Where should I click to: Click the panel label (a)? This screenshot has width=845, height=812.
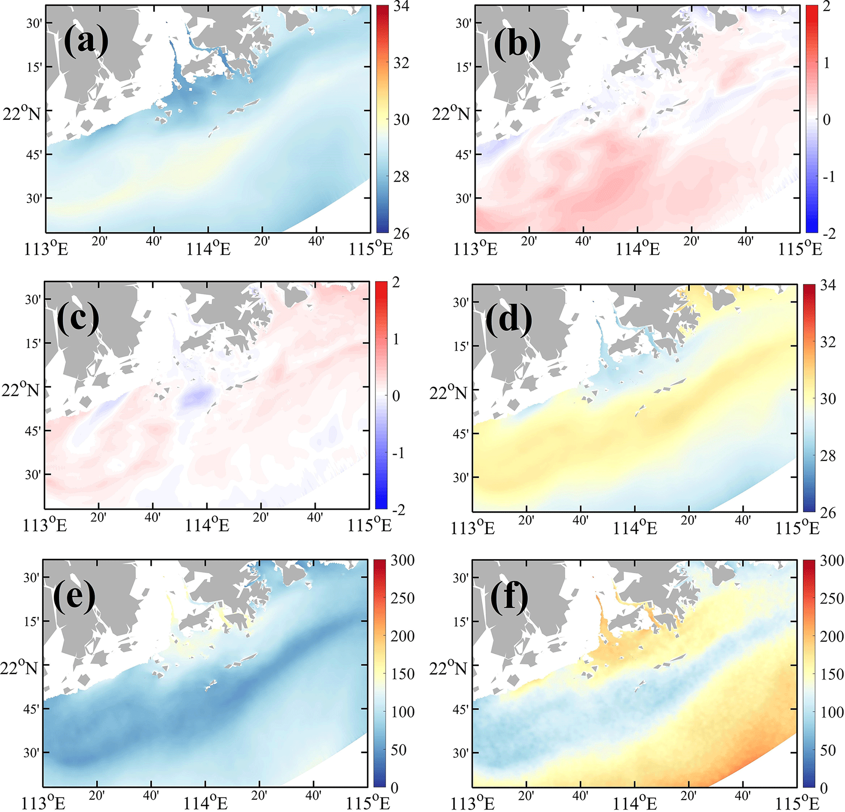tap(86, 41)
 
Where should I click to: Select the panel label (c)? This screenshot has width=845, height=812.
tap(78, 318)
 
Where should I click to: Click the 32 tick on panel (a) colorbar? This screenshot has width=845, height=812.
tap(401, 63)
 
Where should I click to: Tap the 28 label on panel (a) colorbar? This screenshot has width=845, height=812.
tap(401, 177)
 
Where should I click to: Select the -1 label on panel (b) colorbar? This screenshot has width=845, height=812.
tap(828, 177)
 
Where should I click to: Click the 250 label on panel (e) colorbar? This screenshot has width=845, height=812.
tap(402, 598)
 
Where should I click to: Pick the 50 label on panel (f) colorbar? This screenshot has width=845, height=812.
tap(828, 750)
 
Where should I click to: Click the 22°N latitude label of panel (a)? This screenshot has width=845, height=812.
tap(22, 114)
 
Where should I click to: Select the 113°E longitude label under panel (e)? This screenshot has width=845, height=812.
tap(43, 803)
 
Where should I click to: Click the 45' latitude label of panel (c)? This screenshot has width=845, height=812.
tap(32, 431)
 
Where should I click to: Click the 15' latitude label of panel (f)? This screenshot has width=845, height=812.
tap(460, 622)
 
